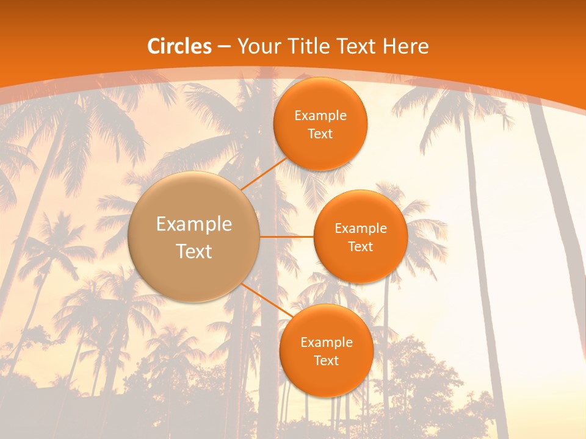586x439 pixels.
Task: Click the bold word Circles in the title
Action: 179,46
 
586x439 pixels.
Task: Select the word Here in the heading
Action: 405,46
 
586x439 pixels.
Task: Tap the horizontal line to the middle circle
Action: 286,237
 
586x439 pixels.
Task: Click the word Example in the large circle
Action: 194,224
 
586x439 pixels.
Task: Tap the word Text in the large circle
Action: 194,251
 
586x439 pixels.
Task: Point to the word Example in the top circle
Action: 320,116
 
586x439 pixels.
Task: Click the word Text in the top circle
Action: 320,134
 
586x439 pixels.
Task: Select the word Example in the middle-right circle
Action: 360,229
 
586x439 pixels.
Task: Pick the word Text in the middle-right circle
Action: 360,246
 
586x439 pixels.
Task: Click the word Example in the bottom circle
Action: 326,343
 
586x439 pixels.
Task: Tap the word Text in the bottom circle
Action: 326,360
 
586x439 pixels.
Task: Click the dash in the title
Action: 224,46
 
